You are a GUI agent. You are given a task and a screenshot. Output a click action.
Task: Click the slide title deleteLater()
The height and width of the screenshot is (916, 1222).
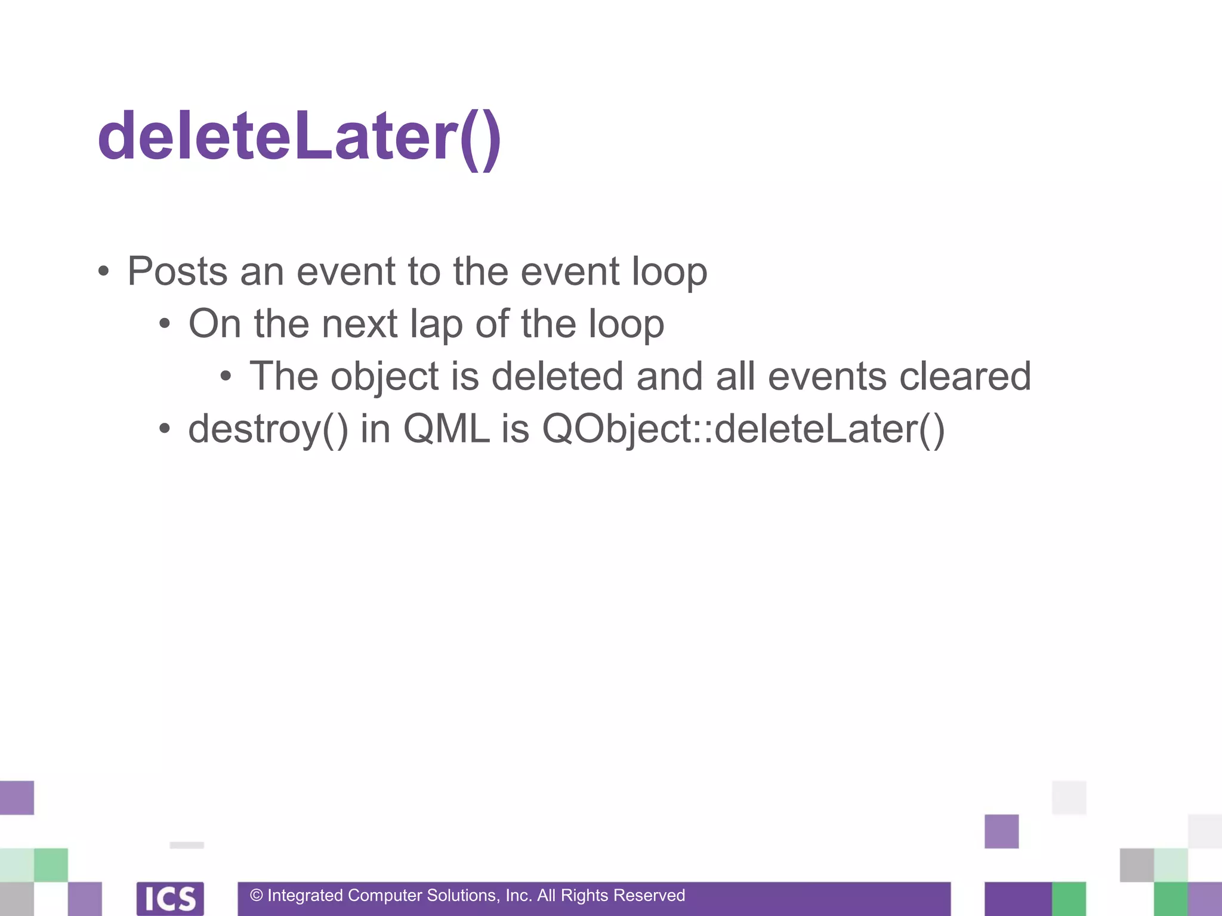(x=299, y=137)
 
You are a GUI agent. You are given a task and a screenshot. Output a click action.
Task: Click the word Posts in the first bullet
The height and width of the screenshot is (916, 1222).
(x=177, y=271)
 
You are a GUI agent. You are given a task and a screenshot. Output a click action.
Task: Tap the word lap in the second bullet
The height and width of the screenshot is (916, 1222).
(x=436, y=324)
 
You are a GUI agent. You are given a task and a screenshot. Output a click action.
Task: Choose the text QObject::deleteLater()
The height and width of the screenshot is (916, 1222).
(x=743, y=429)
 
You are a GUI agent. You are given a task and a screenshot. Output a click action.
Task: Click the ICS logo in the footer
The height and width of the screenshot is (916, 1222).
(x=170, y=898)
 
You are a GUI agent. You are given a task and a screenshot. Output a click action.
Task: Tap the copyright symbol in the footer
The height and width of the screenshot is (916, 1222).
(x=257, y=896)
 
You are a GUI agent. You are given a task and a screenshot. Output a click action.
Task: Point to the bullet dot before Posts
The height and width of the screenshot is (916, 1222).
(x=104, y=272)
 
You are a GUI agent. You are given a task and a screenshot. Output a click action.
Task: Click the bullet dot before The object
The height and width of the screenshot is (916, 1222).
(x=226, y=376)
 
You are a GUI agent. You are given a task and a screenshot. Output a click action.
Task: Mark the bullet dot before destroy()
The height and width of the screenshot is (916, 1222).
(x=165, y=429)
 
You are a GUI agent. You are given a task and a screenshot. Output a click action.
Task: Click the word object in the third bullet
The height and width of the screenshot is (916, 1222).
(x=385, y=377)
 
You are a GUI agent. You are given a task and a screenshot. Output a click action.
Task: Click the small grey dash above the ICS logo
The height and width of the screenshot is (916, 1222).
(x=187, y=845)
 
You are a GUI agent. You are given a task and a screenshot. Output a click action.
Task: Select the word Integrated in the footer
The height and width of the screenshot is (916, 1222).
(x=305, y=896)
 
